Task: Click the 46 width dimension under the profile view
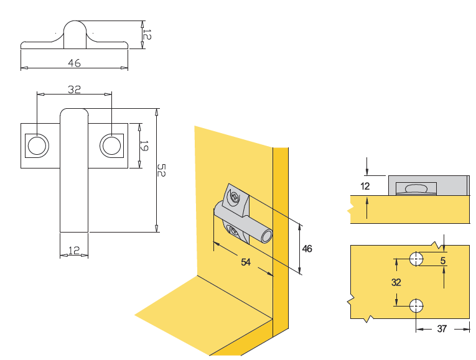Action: point(74,63)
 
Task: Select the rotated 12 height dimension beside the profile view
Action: point(146,32)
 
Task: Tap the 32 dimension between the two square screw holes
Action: point(74,90)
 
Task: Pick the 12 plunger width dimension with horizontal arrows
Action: point(74,250)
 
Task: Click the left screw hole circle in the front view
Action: point(36,146)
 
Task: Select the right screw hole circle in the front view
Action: point(112,146)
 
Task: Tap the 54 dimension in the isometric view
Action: point(246,263)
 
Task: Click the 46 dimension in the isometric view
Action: point(306,249)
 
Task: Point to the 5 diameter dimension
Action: point(443,261)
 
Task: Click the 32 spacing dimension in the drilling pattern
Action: point(396,282)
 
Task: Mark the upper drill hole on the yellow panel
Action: point(416,258)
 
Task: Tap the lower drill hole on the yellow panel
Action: point(416,305)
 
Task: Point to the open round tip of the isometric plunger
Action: point(267,236)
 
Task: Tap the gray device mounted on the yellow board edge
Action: point(428,185)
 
